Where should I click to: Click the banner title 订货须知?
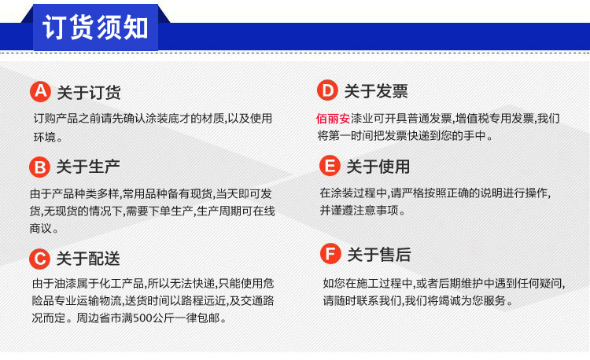[x=95, y=27]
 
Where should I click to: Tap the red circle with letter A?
[x=40, y=92]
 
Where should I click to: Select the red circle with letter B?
[x=39, y=167]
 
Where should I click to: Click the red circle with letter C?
[x=39, y=259]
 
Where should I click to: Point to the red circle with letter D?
[x=327, y=90]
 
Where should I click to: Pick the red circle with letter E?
[x=330, y=166]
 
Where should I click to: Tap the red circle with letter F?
[x=330, y=253]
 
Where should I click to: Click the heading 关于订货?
[x=89, y=93]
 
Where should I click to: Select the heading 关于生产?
[x=88, y=167]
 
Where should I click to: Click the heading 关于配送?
[x=88, y=259]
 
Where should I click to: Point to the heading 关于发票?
[x=376, y=91]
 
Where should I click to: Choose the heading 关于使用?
[x=378, y=167]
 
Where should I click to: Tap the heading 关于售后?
[x=379, y=255]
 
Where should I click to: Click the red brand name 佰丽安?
[x=334, y=119]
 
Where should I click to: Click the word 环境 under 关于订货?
[x=45, y=137]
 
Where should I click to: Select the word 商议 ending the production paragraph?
[x=41, y=229]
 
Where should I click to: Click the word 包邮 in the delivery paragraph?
[x=208, y=318]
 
